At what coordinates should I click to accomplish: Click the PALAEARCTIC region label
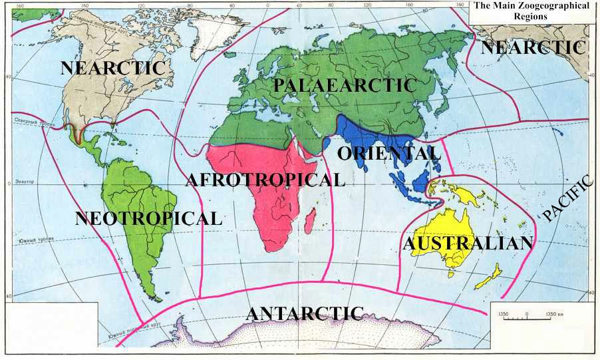345,85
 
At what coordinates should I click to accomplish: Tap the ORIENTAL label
389,153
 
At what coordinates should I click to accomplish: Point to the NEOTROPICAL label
148,218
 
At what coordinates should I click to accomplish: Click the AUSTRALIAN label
468,244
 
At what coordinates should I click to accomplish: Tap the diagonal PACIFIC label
567,198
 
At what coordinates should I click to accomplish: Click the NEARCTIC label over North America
112,68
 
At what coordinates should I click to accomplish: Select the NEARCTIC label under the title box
533,47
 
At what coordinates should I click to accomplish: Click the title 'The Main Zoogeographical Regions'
531,11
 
